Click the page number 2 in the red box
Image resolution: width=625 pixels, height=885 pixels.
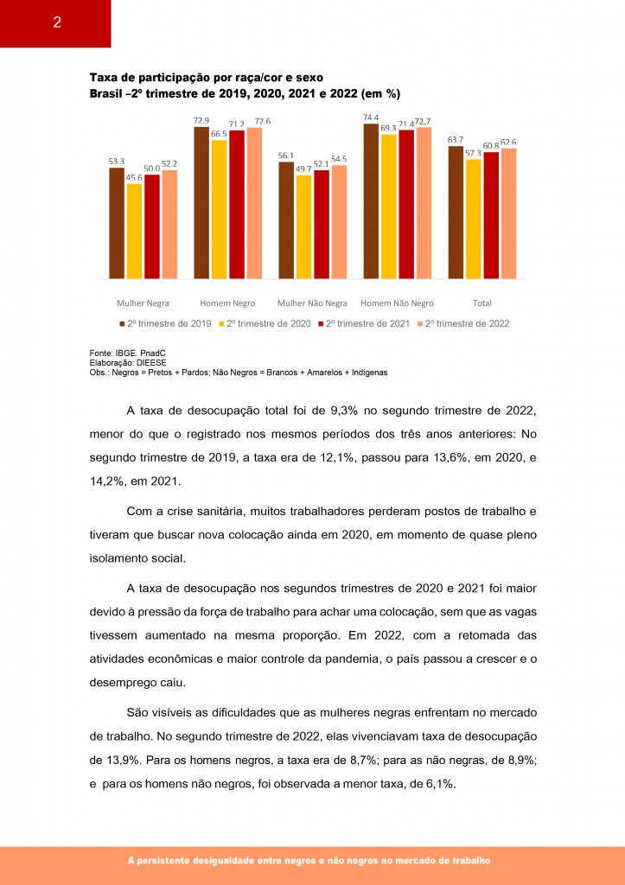click(x=56, y=22)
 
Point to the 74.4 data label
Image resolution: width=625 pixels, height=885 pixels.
click(x=371, y=117)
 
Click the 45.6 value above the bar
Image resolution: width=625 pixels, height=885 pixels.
click(x=134, y=178)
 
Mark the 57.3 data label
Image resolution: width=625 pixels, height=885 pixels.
click(x=473, y=153)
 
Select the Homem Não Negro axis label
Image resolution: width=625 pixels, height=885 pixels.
click(x=397, y=303)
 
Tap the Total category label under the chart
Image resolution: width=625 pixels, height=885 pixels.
click(x=482, y=303)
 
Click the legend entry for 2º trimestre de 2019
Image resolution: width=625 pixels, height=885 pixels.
click(x=169, y=323)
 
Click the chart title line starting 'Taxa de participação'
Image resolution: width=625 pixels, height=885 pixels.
click(x=207, y=78)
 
